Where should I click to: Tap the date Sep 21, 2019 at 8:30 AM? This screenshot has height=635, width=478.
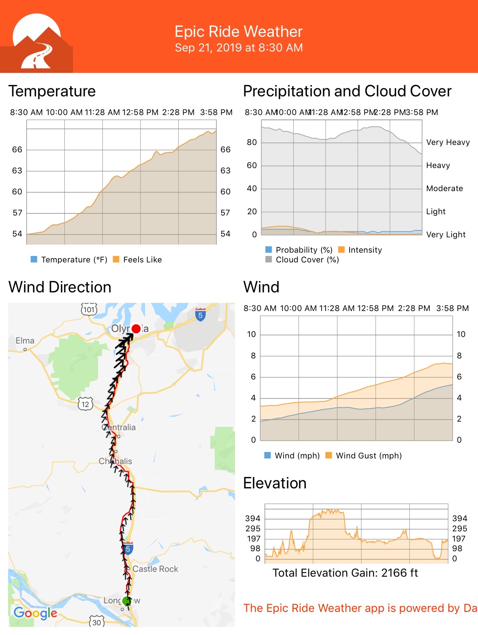click(x=239, y=48)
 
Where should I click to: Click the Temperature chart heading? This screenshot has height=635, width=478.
click(x=52, y=91)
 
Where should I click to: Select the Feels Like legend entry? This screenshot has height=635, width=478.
click(x=138, y=260)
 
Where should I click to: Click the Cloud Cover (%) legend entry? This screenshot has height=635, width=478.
click(x=302, y=260)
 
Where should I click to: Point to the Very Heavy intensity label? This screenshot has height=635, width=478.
click(x=448, y=142)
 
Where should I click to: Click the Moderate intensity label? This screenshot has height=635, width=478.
click(x=444, y=188)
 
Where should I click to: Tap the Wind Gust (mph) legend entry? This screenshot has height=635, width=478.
click(x=364, y=456)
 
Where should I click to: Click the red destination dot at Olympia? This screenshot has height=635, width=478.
click(x=136, y=328)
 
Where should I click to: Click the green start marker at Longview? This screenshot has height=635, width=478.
click(x=127, y=601)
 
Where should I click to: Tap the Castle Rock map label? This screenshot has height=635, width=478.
click(x=155, y=569)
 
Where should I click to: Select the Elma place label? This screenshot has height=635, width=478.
click(x=25, y=341)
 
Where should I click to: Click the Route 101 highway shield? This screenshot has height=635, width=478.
click(x=89, y=310)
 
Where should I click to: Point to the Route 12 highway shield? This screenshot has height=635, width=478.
click(x=85, y=404)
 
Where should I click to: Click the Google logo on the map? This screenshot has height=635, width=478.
click(x=36, y=613)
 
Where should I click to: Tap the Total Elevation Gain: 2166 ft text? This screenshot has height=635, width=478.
click(x=345, y=573)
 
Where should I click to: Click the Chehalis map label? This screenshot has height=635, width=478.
click(x=115, y=461)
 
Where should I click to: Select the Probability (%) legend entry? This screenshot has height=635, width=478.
click(x=299, y=250)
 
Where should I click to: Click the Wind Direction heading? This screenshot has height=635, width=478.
click(x=60, y=287)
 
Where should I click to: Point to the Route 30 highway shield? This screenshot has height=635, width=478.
click(x=96, y=622)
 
